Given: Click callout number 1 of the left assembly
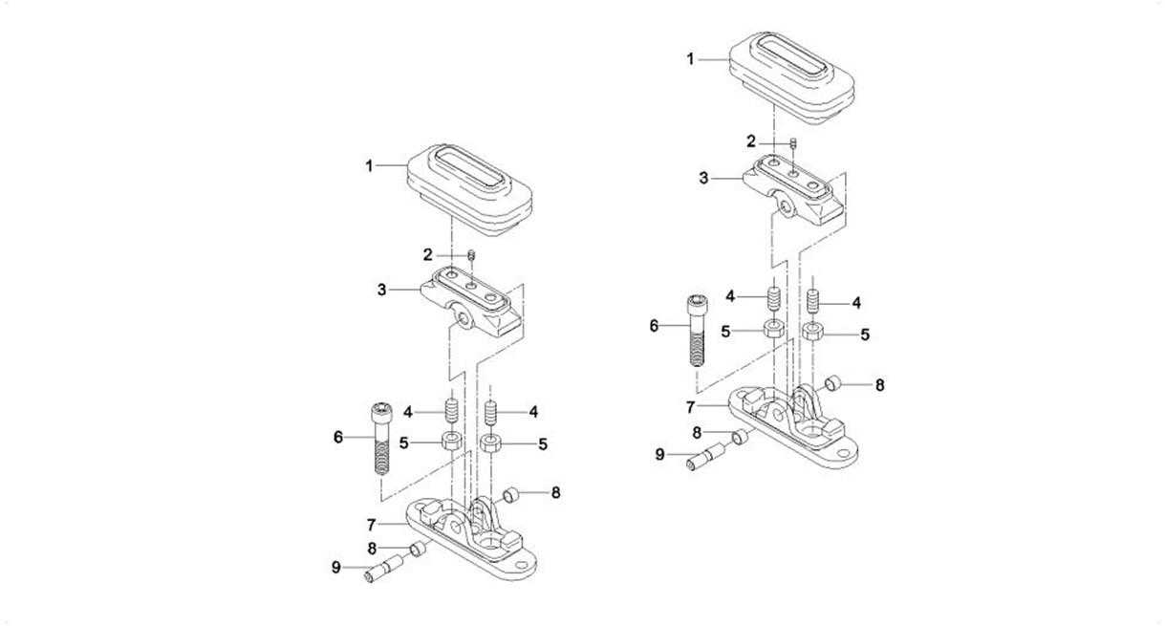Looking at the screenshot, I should pos(369,166).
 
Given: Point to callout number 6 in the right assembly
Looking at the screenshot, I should pos(655,326).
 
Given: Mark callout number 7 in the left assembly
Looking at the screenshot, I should pos(372,523).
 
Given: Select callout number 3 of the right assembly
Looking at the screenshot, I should pos(704,178).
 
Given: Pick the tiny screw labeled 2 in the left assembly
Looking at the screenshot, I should pos(472,255).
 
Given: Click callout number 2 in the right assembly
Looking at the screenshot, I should pos(752,141).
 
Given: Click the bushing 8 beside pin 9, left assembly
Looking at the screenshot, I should pos(417,549).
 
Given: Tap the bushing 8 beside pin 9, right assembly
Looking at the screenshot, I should pos(739,438).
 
